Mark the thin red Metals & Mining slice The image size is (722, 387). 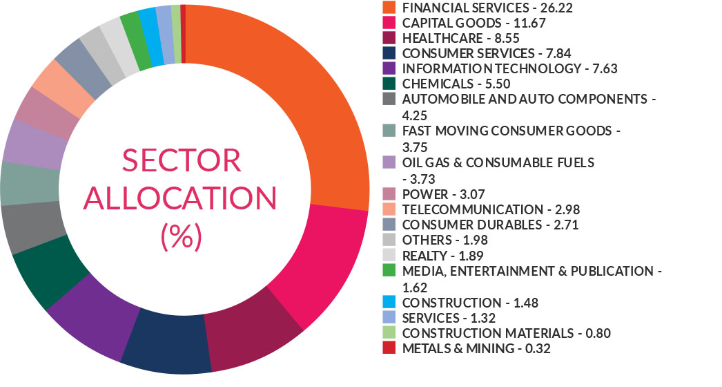[183, 31]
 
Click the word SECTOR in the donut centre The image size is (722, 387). [182, 160]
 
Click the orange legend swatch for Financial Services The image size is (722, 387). [389, 8]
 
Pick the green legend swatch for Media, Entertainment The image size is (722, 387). [389, 271]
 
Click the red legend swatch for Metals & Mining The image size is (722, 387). [389, 349]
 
